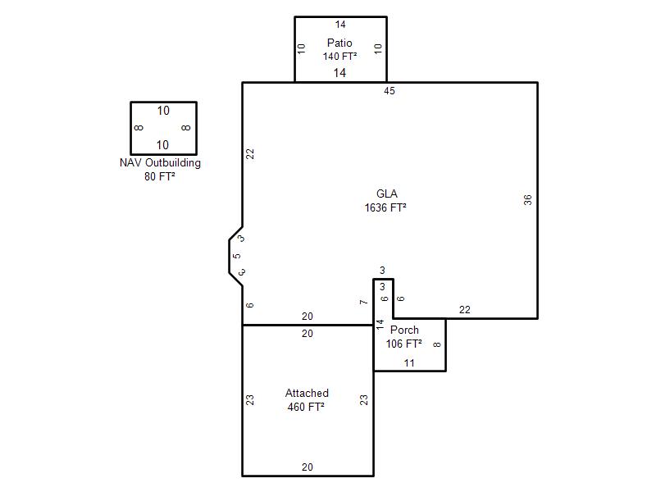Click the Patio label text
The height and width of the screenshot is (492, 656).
tap(339, 43)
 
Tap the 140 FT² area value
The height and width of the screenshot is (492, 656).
tap(339, 56)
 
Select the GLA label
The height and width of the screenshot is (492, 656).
tap(386, 194)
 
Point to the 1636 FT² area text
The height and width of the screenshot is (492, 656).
tap(385, 207)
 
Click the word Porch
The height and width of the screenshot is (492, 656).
tap(404, 330)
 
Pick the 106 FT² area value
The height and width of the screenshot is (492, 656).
tap(403, 344)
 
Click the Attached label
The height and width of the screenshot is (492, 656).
tap(307, 393)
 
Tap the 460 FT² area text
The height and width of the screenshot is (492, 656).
tap(306, 407)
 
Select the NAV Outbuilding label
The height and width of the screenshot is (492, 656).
tap(160, 162)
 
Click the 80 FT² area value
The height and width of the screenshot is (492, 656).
tap(159, 176)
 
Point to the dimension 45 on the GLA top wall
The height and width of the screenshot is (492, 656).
tap(389, 91)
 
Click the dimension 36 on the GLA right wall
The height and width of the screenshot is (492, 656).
tap(527, 200)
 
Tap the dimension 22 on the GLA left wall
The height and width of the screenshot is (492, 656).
tap(250, 154)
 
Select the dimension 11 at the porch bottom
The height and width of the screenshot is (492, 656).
tap(409, 362)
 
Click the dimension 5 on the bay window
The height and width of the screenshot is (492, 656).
tap(237, 256)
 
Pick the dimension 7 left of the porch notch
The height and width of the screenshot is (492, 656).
tap(363, 302)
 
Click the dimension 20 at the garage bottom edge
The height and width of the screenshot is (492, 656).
tap(307, 467)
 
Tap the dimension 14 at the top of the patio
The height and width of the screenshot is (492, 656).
tap(340, 25)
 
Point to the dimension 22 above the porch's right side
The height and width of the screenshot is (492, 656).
tap(464, 310)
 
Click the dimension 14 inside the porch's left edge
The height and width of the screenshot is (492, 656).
tap(380, 324)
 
